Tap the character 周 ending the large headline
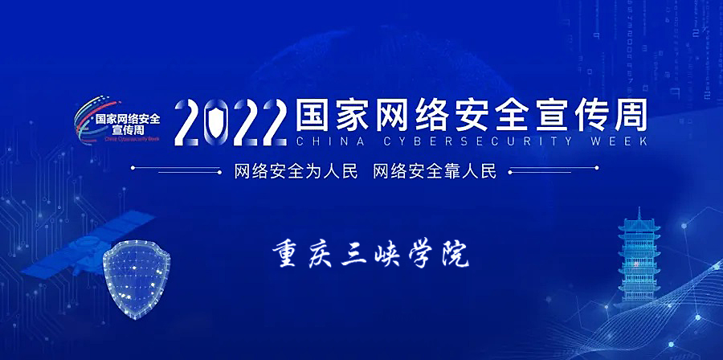click(x=628, y=115)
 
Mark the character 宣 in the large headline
click(x=550, y=115)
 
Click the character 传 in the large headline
click(x=590, y=115)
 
